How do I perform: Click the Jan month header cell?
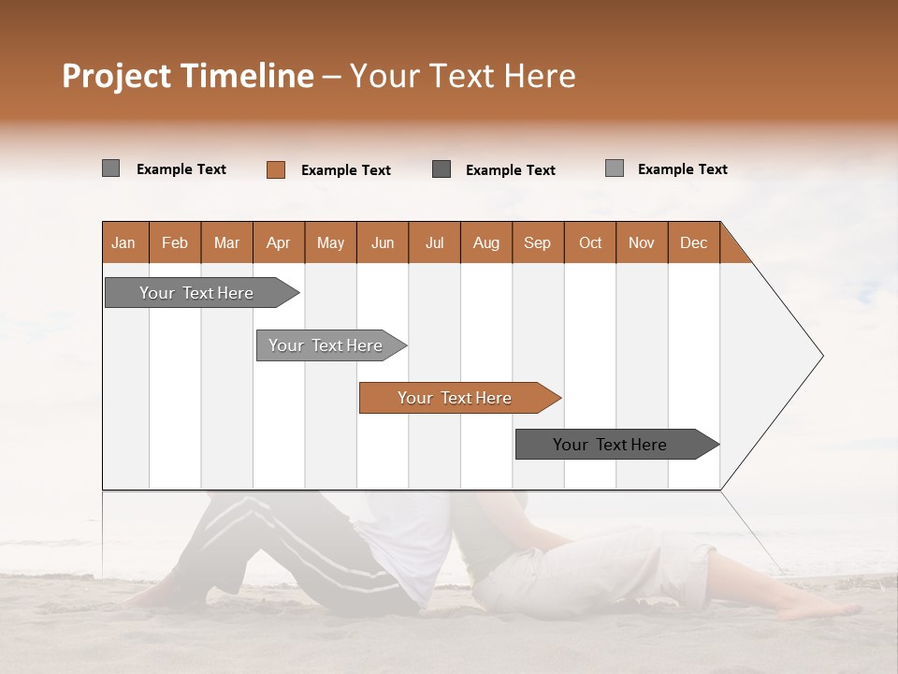pyautogui.click(x=124, y=242)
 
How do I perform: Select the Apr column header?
pyautogui.click(x=279, y=242)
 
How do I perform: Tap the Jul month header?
pyautogui.click(x=434, y=242)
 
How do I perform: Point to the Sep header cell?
pyautogui.click(x=538, y=242)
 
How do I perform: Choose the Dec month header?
pyautogui.click(x=693, y=242)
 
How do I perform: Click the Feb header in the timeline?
pyautogui.click(x=175, y=242)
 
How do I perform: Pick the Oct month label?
pyautogui.click(x=590, y=242)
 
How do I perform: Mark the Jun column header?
pyautogui.click(x=383, y=242)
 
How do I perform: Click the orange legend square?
pyautogui.click(x=275, y=169)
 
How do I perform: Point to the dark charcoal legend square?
pyautogui.click(x=442, y=169)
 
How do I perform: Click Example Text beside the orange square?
pyautogui.click(x=345, y=170)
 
